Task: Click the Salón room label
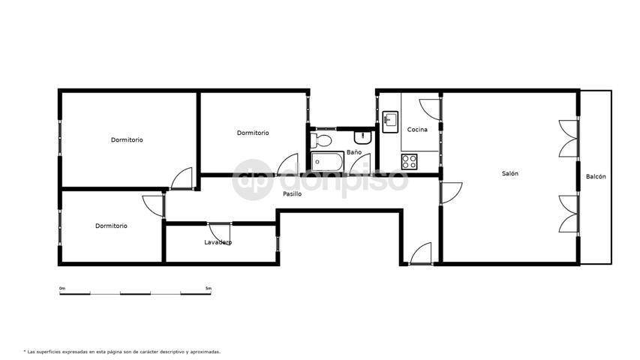(x=509, y=173)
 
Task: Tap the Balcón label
(x=596, y=177)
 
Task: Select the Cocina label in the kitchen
(x=417, y=130)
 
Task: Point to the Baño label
(x=354, y=151)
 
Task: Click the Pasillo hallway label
(x=293, y=194)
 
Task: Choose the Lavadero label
(x=218, y=242)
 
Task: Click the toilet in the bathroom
(x=320, y=140)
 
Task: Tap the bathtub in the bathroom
(x=327, y=162)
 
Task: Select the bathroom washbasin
(x=362, y=137)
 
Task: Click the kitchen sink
(x=390, y=122)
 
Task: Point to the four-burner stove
(x=409, y=162)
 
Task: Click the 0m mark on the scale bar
(x=62, y=289)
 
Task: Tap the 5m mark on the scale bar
(x=208, y=289)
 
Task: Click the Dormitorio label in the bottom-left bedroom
(x=111, y=226)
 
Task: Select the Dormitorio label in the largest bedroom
(x=127, y=139)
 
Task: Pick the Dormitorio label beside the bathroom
(x=253, y=133)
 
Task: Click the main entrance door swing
(x=420, y=253)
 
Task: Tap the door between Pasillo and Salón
(x=451, y=193)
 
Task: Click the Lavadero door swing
(x=220, y=234)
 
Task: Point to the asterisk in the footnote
(x=25, y=351)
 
